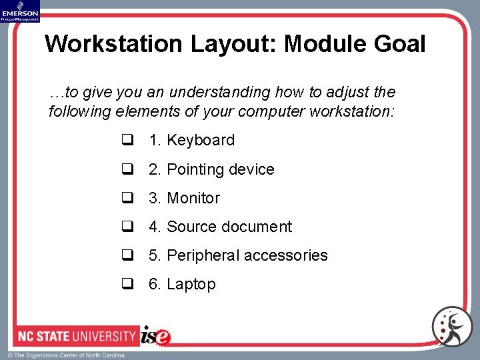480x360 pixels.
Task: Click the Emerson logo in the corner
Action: click(20, 11)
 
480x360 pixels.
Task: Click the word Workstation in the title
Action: click(114, 44)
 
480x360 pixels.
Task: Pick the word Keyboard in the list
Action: click(201, 140)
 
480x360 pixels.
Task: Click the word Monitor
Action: click(193, 198)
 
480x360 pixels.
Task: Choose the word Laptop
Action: click(191, 284)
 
